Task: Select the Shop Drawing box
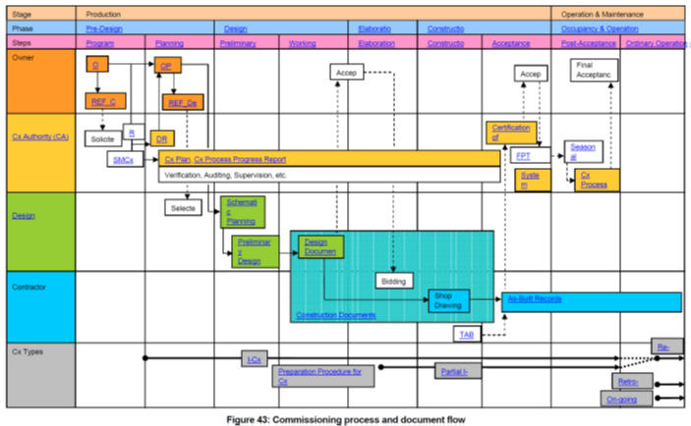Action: tap(449, 299)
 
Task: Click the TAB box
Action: tap(468, 335)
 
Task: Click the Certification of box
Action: tap(509, 133)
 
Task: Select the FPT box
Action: tap(525, 156)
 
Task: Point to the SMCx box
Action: tap(124, 159)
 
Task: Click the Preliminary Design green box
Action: tap(250, 251)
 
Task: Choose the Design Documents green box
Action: tap(321, 246)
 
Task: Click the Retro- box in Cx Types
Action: tap(630, 381)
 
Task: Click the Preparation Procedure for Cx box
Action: tap(321, 377)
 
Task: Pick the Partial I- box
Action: tap(458, 370)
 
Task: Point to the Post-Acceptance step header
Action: tap(586, 44)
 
